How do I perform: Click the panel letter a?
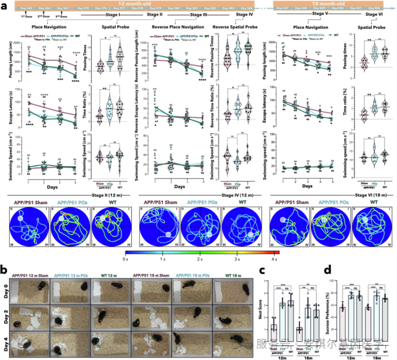tap(3, 5)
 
